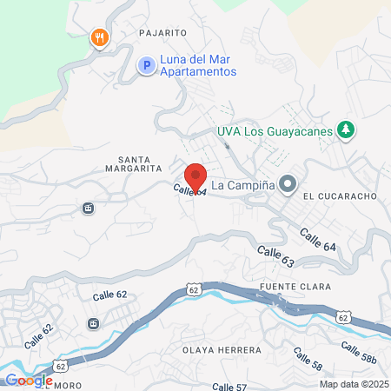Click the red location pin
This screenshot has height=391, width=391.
[195, 177]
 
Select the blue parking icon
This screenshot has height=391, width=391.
[147, 65]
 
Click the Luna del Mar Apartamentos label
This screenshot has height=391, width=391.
[198, 65]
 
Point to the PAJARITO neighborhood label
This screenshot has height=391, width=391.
[163, 33]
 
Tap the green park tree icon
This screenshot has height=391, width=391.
[347, 129]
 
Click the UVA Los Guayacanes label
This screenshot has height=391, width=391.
[275, 133]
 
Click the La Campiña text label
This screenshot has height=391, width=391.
[242, 184]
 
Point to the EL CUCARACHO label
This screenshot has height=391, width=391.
[340, 196]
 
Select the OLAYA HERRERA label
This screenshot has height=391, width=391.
[221, 350]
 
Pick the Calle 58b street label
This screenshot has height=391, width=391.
[358, 353]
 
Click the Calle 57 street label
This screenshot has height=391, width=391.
[230, 386]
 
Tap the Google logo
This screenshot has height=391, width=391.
[28, 380]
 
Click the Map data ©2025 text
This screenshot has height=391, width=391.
[353, 384]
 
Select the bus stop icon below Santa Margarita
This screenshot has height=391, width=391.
[88, 208]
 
